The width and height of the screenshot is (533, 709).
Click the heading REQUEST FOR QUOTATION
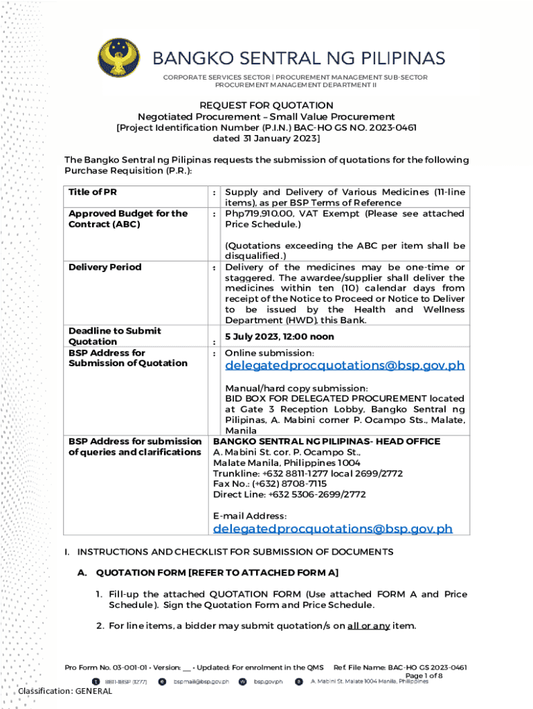[266, 105]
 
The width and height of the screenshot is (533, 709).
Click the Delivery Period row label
[105, 267]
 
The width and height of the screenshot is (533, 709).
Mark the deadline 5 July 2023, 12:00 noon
[279, 336]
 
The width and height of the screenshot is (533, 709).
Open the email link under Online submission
[344, 366]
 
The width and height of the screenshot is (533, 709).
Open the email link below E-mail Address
[332, 528]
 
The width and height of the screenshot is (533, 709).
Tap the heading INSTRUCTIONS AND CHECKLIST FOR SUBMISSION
[235, 552]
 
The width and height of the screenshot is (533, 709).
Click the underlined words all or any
[368, 626]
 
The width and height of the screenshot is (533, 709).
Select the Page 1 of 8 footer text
[423, 675]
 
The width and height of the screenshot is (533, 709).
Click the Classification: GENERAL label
[65, 691]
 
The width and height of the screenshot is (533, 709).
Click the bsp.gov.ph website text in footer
[268, 682]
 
